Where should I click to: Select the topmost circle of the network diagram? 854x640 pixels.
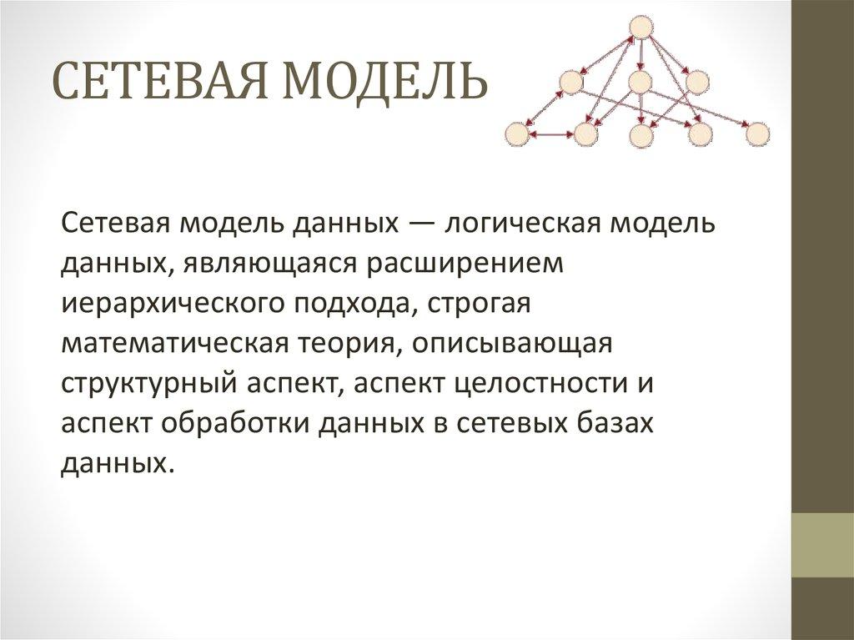640,28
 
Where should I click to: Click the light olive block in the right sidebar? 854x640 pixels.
822,545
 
